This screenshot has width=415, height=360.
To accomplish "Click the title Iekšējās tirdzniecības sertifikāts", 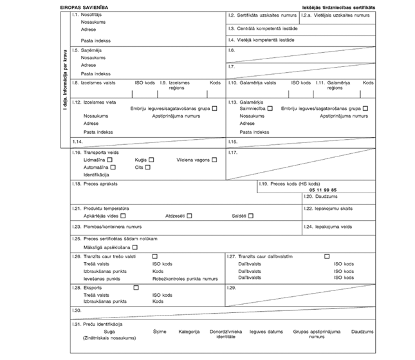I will (338, 6).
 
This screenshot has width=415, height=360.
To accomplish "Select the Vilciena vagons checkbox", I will (214, 159).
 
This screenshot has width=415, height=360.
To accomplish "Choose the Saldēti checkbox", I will (251, 216).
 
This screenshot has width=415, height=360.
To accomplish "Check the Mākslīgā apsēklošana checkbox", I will (135, 247).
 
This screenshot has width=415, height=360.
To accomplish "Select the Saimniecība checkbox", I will (271, 108).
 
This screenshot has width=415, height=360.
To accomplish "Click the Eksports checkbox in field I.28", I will (136, 287).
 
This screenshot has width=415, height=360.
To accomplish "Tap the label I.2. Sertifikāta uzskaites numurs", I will (262, 14).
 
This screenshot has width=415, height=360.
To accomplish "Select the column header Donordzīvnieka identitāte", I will (231, 334).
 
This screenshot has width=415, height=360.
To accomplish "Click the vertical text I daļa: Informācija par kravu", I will (65, 80).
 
